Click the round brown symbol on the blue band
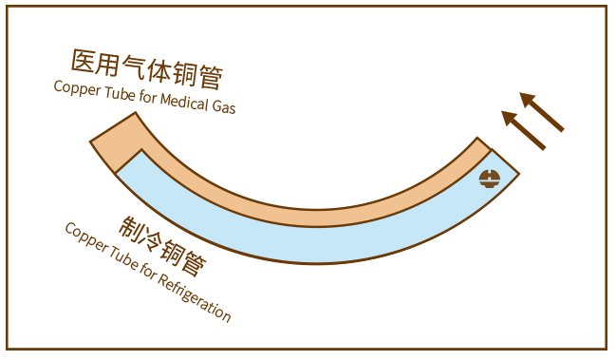[490, 177]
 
